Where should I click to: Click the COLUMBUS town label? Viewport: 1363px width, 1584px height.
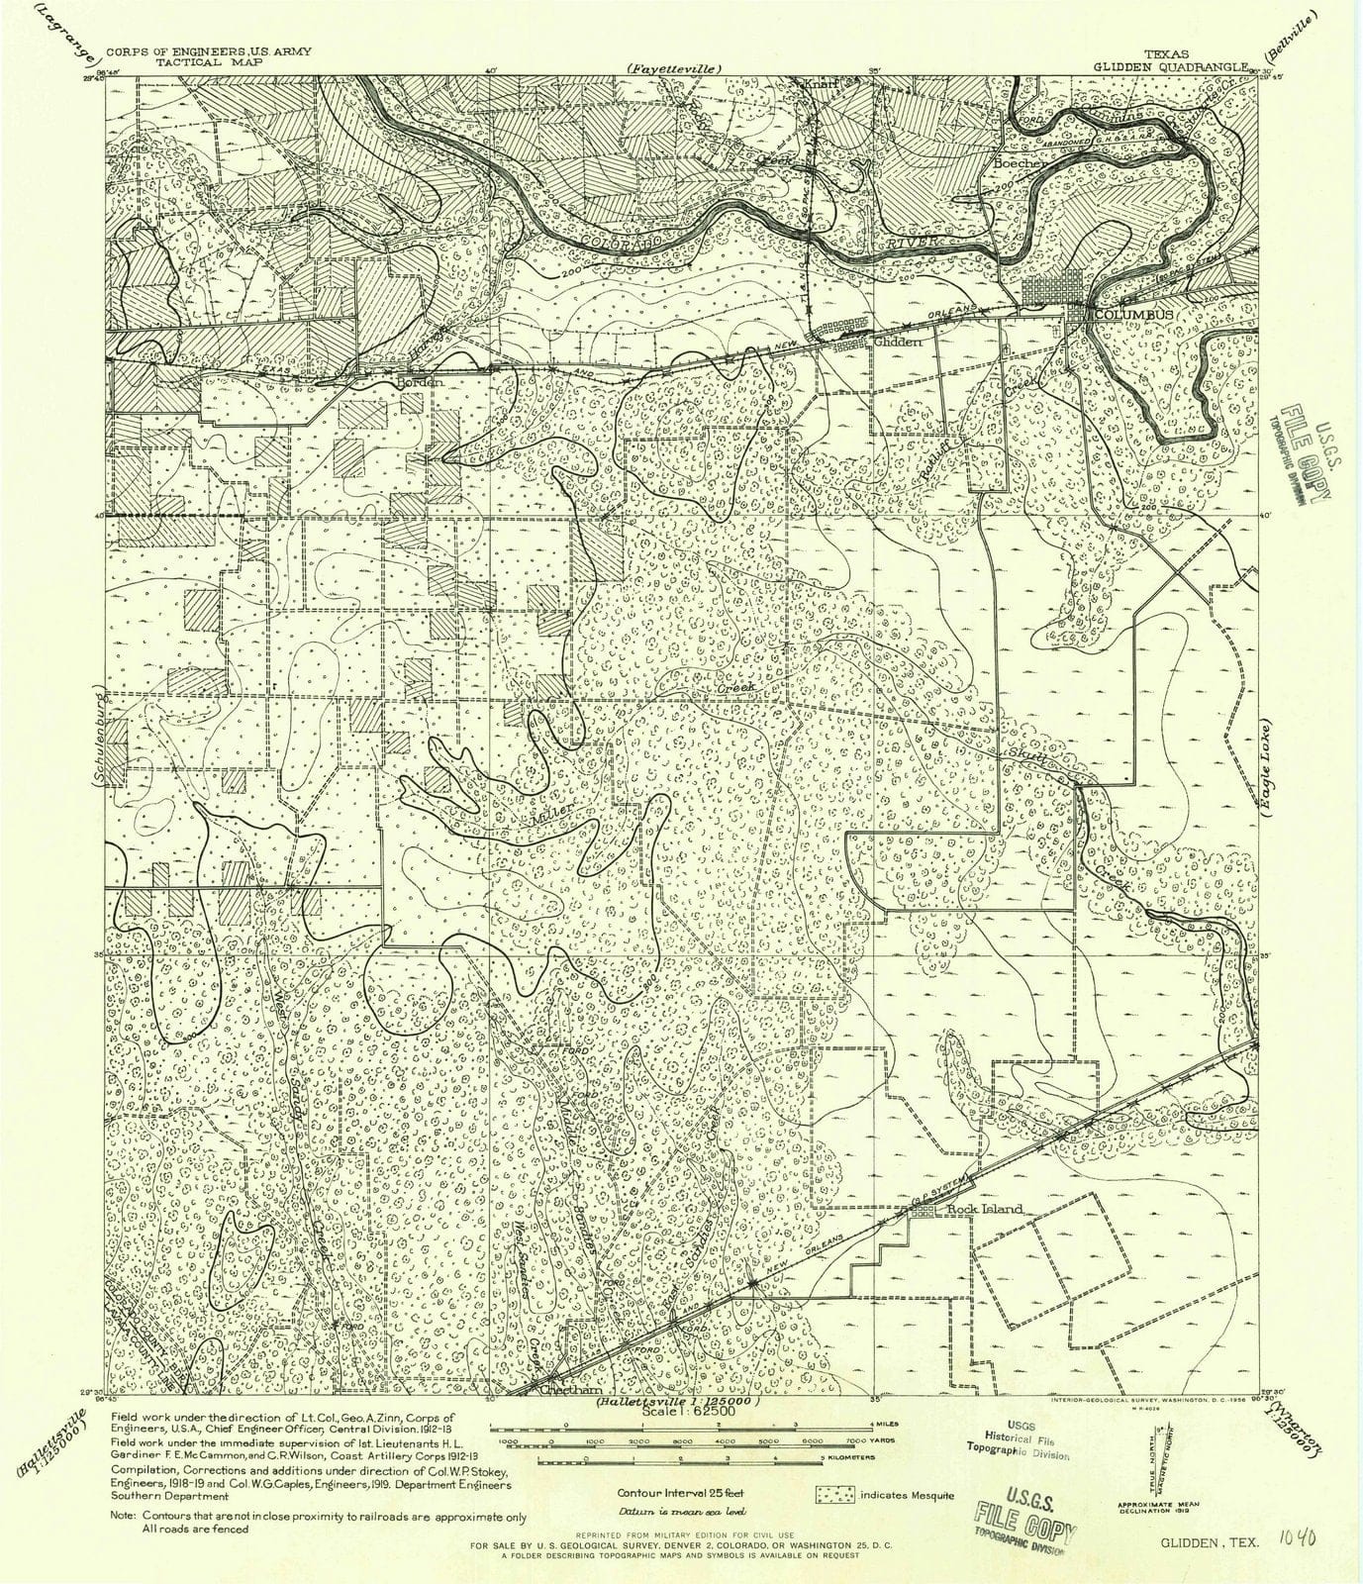point(1133,315)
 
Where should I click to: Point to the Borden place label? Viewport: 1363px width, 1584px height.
point(416,381)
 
